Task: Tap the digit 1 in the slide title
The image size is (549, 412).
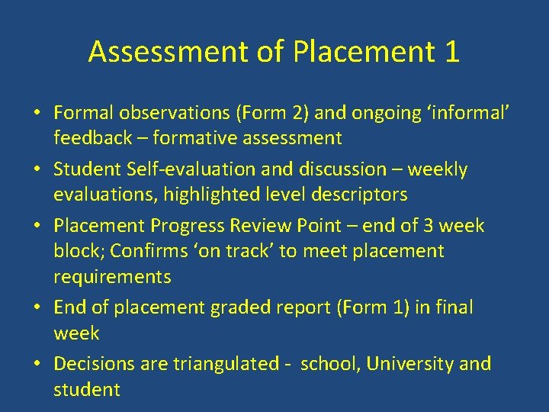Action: (x=451, y=52)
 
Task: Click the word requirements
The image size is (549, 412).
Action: (x=112, y=276)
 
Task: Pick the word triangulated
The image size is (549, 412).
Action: (x=226, y=364)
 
